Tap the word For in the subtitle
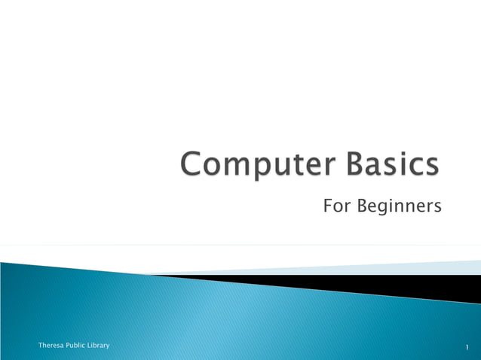(x=335, y=205)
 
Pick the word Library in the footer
(x=99, y=345)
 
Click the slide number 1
(x=467, y=346)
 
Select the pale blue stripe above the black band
(x=422, y=268)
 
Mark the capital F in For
(x=328, y=205)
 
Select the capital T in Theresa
(x=40, y=345)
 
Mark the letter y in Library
(x=107, y=346)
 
